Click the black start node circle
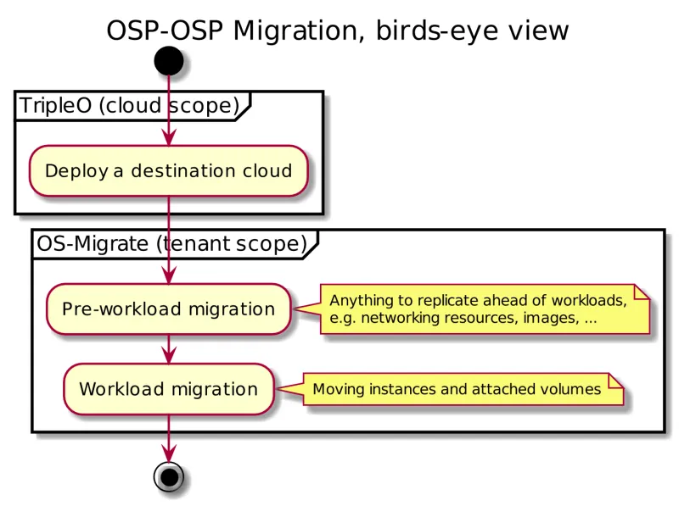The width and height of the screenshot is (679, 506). pos(168,61)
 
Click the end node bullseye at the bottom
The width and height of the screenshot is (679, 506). pos(168,476)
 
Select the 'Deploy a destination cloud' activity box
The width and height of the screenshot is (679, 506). pos(168,170)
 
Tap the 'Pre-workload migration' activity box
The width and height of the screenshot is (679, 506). pos(168,309)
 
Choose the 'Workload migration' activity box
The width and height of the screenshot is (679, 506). pos(168,389)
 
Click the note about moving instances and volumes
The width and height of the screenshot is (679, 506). pos(463,390)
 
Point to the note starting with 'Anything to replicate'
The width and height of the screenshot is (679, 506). pos(484,309)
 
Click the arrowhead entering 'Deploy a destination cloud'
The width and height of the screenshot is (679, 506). pos(168,137)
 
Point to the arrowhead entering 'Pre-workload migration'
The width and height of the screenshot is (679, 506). pos(168,275)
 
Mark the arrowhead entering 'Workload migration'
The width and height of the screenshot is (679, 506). pos(168,356)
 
